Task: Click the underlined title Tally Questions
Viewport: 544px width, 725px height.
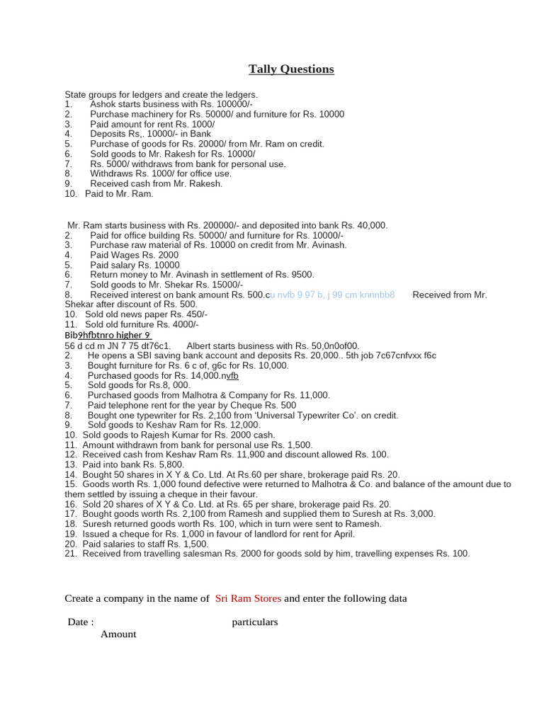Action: [291, 69]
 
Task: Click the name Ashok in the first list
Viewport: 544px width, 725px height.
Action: [103, 104]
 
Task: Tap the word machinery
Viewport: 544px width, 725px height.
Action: [148, 114]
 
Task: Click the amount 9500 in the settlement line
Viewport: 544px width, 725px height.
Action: [301, 275]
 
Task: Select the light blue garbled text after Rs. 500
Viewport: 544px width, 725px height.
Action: [332, 295]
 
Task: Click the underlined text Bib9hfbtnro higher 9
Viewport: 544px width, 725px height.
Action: [108, 335]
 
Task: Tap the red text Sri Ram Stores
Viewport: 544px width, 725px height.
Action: [248, 598]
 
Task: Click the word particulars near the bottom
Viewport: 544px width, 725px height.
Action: [254, 622]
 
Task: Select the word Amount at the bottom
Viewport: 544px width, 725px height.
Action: [118, 634]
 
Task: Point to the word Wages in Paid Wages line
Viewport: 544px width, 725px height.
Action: [127, 255]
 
